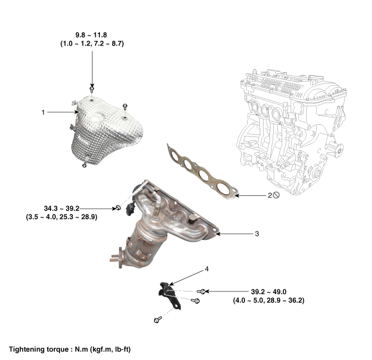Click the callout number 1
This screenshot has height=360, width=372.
[x=43, y=113]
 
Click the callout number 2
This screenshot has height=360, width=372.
[x=270, y=195]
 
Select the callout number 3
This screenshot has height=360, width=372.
[x=257, y=234]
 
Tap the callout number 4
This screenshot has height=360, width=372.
[x=207, y=269]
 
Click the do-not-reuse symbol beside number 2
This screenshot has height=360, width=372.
[x=276, y=195]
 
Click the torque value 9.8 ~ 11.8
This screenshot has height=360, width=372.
[x=91, y=35]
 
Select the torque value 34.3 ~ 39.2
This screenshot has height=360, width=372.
[x=62, y=209]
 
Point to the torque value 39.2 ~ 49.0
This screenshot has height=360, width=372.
[x=268, y=292]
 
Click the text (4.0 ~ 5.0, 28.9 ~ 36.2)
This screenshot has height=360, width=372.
[x=268, y=301]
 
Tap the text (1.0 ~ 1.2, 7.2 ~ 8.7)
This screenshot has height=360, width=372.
[x=92, y=44]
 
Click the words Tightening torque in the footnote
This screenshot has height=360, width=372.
[x=39, y=349]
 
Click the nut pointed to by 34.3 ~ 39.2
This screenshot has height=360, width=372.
[x=119, y=208]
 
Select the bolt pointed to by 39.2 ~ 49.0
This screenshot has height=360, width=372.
[x=202, y=292]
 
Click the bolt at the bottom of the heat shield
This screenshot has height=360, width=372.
[x=84, y=165]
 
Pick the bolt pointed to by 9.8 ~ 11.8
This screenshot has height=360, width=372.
[x=92, y=89]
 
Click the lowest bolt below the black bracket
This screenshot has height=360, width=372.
[x=157, y=320]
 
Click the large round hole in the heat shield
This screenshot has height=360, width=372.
[x=95, y=119]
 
